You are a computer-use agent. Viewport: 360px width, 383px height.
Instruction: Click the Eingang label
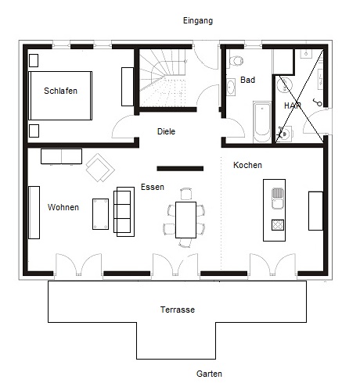[198, 21]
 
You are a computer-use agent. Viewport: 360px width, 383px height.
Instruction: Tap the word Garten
[209, 374]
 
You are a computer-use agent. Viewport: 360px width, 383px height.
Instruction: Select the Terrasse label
[178, 310]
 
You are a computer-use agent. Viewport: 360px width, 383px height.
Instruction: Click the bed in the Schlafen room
[60, 95]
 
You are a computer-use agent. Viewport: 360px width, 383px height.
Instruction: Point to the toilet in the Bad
[236, 61]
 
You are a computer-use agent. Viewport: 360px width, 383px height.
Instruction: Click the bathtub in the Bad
[262, 122]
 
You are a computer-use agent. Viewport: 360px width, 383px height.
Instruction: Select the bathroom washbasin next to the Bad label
[231, 87]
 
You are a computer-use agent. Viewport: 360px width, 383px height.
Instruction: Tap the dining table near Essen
[185, 220]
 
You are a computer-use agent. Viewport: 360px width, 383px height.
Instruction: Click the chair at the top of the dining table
[186, 194]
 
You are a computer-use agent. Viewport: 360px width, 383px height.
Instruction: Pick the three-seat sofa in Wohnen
[124, 212]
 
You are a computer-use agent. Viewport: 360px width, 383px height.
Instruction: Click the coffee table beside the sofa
[100, 214]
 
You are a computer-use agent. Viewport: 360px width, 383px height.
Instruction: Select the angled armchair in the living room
[100, 167]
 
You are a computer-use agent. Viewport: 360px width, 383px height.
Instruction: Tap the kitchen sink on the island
[278, 199]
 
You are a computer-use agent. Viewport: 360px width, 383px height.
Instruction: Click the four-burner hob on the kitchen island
[278, 225]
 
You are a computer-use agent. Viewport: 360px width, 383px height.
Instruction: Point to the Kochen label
[247, 165]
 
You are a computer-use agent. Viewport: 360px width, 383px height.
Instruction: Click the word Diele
[166, 131]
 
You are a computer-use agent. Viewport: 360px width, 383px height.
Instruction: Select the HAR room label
[293, 106]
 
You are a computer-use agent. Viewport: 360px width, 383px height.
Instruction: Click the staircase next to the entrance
[163, 77]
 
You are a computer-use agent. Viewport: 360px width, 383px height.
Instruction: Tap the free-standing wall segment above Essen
[180, 169]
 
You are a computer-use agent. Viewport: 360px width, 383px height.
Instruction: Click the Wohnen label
[63, 207]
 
